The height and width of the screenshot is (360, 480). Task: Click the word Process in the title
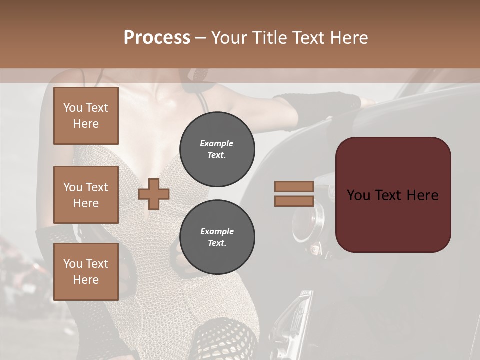[157, 38]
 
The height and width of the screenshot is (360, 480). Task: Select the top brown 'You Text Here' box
[86, 116]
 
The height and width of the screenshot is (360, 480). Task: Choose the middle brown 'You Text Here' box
[86, 195]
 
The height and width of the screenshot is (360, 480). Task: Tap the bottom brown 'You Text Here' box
[86, 272]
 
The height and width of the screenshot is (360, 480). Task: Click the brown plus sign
[154, 194]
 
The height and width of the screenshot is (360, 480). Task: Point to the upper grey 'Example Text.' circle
[217, 149]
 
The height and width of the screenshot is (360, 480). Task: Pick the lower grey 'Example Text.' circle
[217, 237]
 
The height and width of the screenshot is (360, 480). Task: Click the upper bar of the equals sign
[294, 186]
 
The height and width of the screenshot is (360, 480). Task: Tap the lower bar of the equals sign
[294, 201]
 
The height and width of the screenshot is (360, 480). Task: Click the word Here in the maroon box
[422, 195]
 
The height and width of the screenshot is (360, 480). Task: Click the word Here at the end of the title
[350, 38]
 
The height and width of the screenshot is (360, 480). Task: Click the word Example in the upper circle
[217, 143]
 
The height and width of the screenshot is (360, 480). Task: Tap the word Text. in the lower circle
[217, 243]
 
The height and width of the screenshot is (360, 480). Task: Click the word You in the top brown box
[73, 108]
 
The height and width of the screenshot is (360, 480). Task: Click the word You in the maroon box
[358, 195]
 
